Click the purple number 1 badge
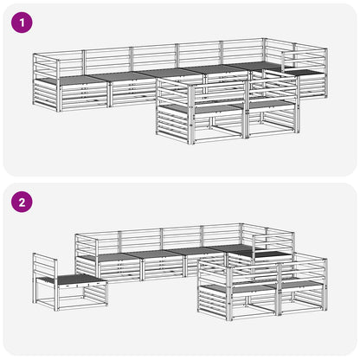22,22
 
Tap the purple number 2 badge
22,202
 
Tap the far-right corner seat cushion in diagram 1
305,72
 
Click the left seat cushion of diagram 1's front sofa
202,109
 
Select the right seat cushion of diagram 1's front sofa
270,104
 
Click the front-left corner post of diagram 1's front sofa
191,114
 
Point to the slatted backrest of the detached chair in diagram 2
45,267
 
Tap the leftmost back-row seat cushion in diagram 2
111,257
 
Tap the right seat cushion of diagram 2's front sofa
301,284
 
